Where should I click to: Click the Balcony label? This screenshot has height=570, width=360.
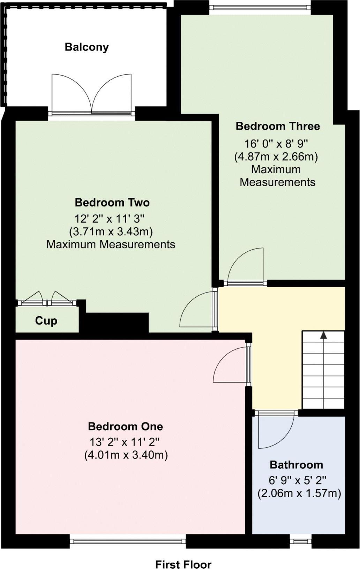click(87, 47)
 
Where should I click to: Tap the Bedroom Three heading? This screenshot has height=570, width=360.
click(278, 126)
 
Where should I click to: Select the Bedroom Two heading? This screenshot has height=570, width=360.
click(112, 202)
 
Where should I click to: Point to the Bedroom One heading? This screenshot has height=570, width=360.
click(125, 426)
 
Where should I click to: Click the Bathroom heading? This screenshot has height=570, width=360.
click(296, 464)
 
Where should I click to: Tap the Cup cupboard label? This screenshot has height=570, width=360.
click(46, 320)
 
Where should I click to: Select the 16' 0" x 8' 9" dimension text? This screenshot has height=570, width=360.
click(276, 143)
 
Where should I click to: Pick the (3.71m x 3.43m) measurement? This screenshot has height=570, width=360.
click(111, 231)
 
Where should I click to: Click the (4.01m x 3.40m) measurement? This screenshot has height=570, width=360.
click(126, 455)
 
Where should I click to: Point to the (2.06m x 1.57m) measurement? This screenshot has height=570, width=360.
click(299, 493)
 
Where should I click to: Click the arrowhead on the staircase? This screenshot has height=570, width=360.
click(323, 335)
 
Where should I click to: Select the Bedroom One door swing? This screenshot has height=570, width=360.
click(230, 365)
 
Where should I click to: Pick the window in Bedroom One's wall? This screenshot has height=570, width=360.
click(128, 541)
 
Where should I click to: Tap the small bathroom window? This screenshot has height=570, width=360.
click(300, 541)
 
